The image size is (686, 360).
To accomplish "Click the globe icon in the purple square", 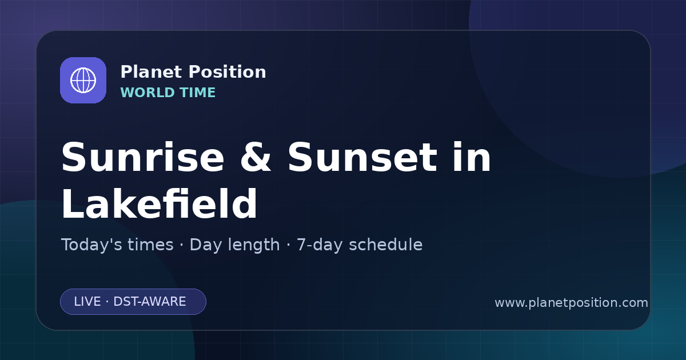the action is coord(83,80).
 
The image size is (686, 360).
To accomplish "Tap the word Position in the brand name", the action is coord(228,72).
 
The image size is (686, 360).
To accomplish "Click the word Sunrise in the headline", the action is coord(143,157).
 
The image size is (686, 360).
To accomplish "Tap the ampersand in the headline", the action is coord(256,157).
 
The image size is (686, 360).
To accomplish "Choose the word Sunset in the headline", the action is coord(362,157).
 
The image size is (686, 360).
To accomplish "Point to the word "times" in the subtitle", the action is coord(150,245).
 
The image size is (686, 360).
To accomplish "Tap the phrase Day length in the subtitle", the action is coord(234,245).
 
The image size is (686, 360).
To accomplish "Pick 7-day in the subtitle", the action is coord(320,245).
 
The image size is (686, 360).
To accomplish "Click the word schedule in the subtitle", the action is coord(386,245).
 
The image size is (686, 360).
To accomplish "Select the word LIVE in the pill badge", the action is coord(87,302).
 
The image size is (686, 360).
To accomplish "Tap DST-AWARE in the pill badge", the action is coord(149,302).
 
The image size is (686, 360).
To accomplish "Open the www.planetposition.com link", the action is coord(571,303).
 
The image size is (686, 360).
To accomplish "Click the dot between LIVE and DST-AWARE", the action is coord(107,302).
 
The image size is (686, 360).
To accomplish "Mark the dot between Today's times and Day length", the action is coord(182,246).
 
